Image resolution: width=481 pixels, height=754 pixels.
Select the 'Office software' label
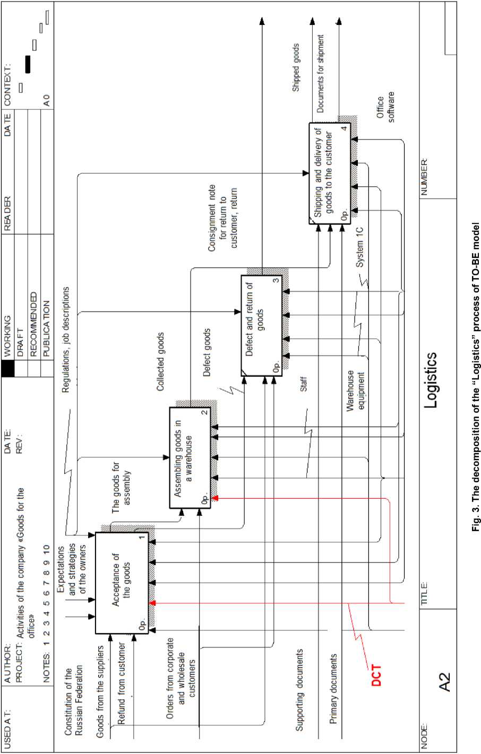pyautogui.click(x=386, y=108)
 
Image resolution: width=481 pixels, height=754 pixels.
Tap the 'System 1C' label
pyautogui.click(x=360, y=247)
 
